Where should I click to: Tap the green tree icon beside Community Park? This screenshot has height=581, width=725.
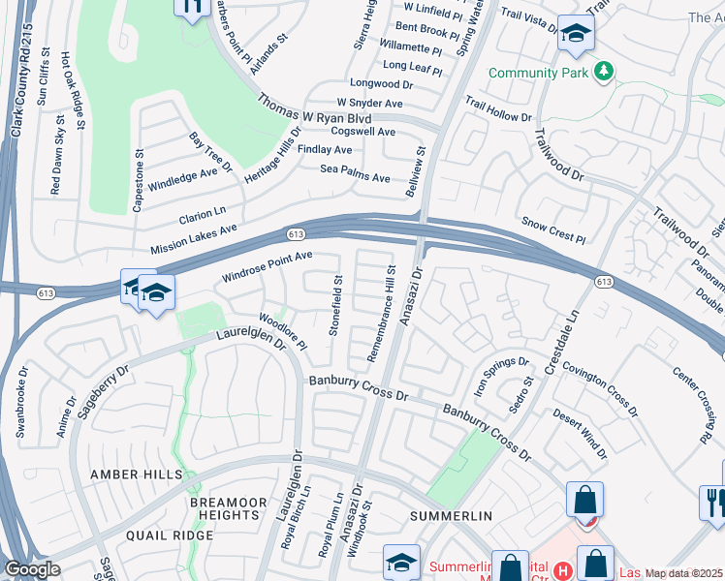(x=604, y=72)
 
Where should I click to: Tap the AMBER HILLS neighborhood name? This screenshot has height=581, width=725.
(x=136, y=474)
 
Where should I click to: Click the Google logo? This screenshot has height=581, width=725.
(x=32, y=569)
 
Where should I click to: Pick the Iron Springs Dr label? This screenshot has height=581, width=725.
(x=502, y=375)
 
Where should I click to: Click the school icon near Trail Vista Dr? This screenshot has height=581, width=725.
(x=576, y=35)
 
